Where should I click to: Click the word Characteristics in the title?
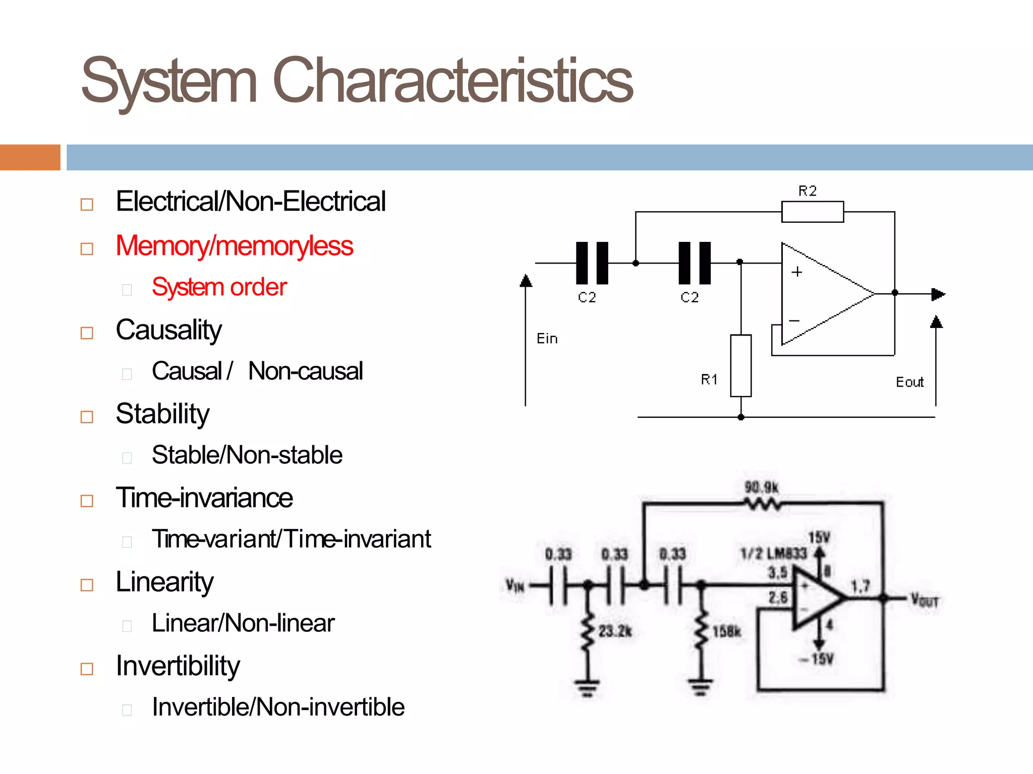tap(452, 81)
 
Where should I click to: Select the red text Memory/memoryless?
tap(234, 246)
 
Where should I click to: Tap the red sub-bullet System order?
tap(219, 287)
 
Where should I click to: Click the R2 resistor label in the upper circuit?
tap(807, 191)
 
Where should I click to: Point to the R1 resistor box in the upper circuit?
tap(740, 365)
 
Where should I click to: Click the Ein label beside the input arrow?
tap(547, 339)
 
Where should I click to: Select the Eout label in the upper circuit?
tap(909, 382)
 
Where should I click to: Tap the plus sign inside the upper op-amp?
tap(796, 272)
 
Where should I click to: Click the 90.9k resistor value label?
tap(762, 487)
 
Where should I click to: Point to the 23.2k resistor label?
tap(615, 631)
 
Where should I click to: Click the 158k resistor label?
tap(727, 631)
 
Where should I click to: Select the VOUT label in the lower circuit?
tap(924, 600)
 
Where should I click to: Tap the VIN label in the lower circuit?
tap(515, 586)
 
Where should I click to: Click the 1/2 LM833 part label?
tap(773, 554)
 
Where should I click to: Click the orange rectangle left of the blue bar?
tap(30, 157)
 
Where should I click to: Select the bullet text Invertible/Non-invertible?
tap(278, 707)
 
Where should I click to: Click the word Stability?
tap(162, 414)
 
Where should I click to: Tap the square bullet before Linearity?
tap(87, 585)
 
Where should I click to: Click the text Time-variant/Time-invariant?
tap(291, 539)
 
